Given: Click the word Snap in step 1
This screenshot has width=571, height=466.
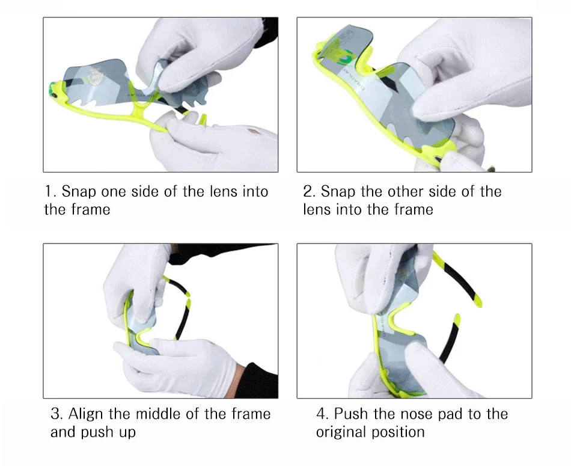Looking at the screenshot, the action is pos(79,192).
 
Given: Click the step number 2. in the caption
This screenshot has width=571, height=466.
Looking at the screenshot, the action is pos(309,192).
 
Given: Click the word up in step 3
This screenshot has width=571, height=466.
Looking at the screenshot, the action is pos(127,433).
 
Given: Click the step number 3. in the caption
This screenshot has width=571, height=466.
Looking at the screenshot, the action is pos(57,414).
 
